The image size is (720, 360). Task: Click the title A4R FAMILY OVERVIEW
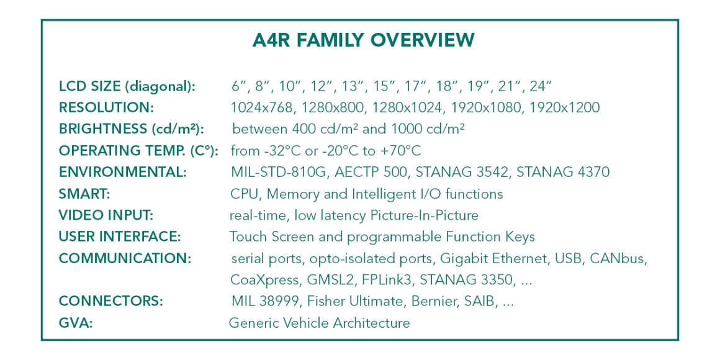pos(363,40)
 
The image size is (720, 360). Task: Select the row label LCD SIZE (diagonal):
pos(127,86)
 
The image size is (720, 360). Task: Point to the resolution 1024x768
pos(262,107)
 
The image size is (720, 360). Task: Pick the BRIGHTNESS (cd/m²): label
pos(131,129)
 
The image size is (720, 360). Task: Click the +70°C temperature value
pos(400,151)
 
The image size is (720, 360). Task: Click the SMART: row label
pos(84,194)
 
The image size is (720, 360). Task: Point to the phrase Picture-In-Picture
pos(424,215)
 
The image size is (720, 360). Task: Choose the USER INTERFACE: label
pos(120,236)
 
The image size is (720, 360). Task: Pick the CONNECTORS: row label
pos(111,301)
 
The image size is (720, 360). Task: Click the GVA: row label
pos(76,323)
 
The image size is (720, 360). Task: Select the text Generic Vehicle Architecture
pos(319,323)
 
